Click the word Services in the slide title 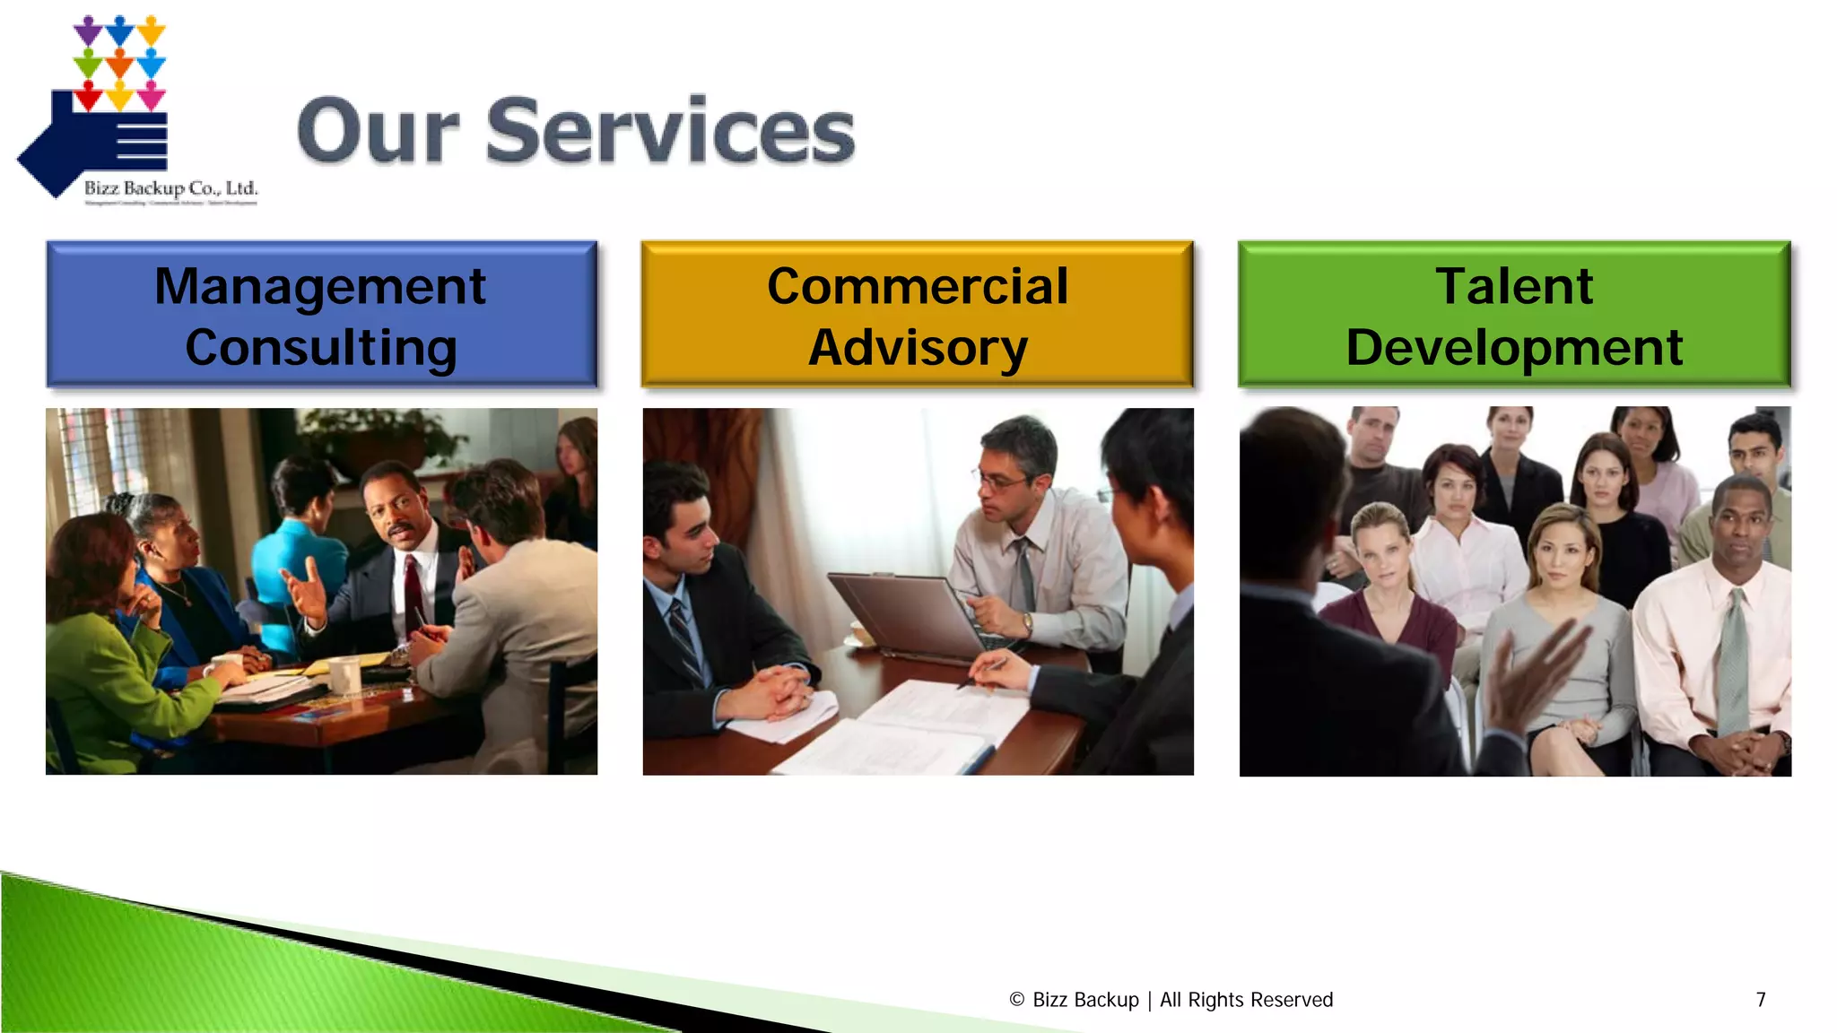point(670,132)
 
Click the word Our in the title point(379,132)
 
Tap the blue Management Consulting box point(321,315)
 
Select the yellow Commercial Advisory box point(917,315)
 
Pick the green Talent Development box point(1514,315)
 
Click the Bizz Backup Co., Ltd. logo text point(170,188)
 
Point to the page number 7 point(1761,1000)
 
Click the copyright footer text point(1171,1000)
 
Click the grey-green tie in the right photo point(1733,664)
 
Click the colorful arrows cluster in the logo point(119,61)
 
